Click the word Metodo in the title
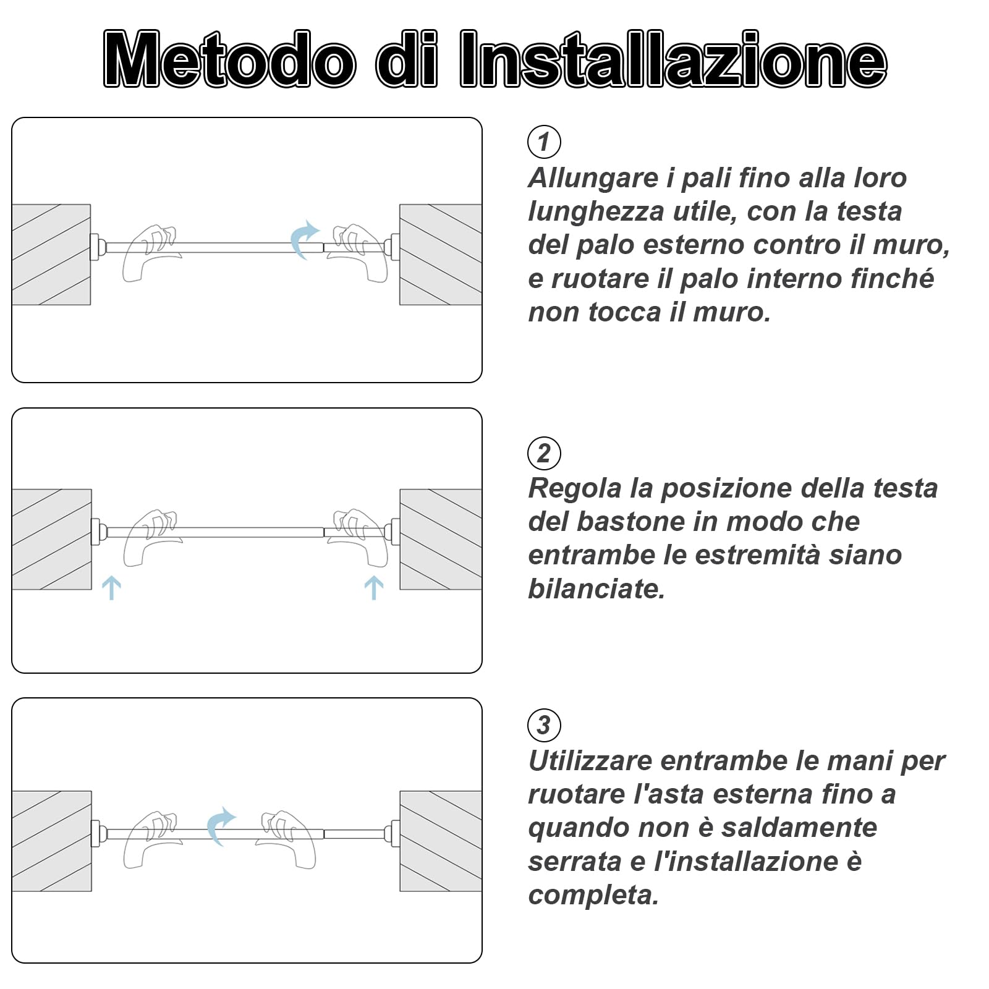coord(230,60)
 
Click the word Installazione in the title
coord(674,60)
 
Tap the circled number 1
coord(544,142)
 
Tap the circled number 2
coord(544,453)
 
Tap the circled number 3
coord(544,725)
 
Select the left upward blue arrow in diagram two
coord(111,588)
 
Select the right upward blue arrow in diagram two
coord(374,588)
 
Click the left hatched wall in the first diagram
coord(51,255)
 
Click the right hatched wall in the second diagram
coord(441,539)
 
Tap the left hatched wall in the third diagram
coord(51,841)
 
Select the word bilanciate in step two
coord(596,588)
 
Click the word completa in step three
coord(593,895)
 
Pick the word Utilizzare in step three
coord(590,761)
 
